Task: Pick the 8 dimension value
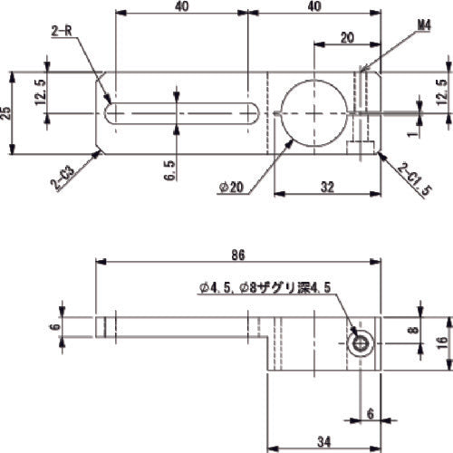414,331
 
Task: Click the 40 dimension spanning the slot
182,7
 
